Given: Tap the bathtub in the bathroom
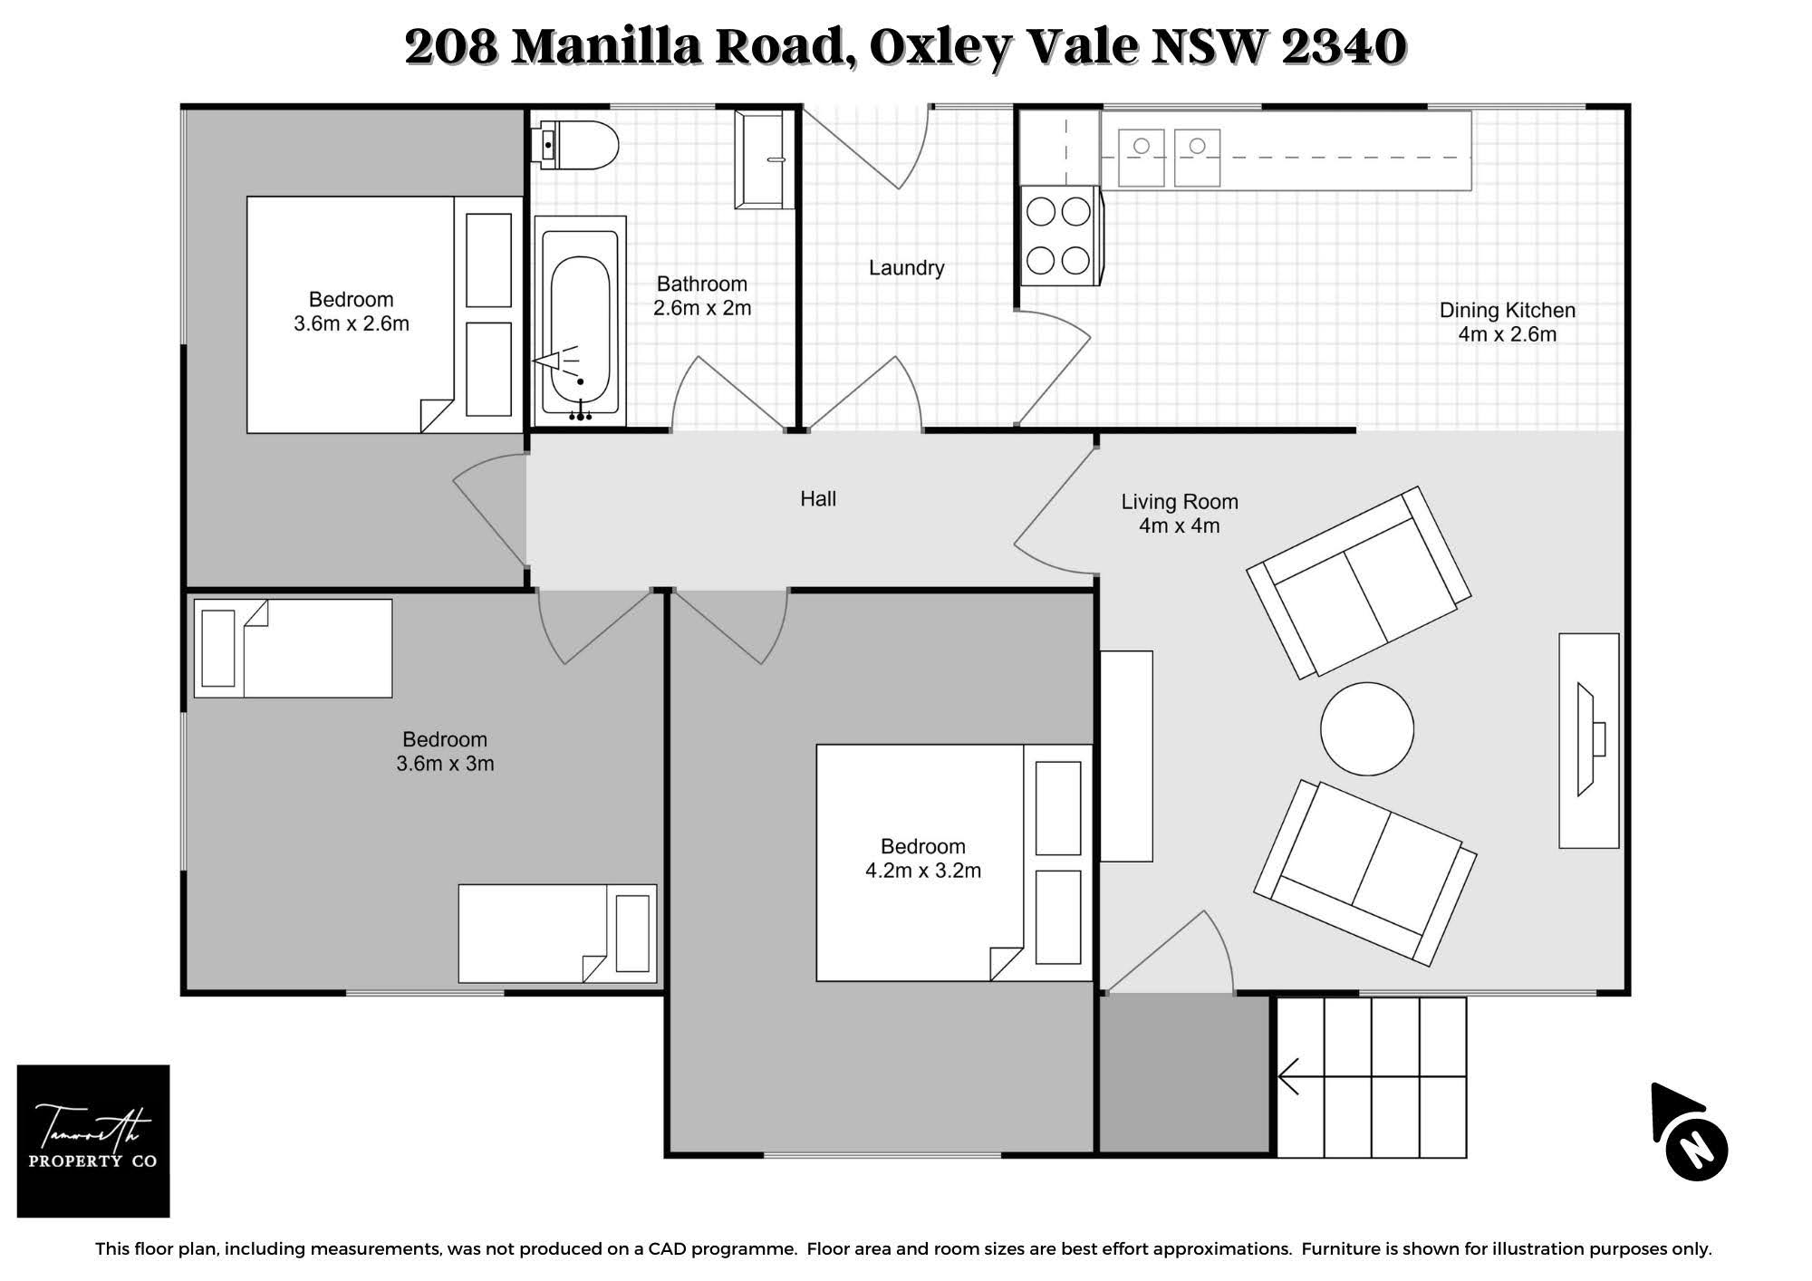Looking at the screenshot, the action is [x=580, y=321].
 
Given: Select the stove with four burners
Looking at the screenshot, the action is [x=1061, y=236].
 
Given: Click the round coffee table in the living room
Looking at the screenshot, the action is [x=1367, y=728].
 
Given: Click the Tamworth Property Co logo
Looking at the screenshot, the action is [x=93, y=1141].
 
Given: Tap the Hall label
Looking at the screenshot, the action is [x=818, y=498].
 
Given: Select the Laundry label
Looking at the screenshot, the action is [x=906, y=268].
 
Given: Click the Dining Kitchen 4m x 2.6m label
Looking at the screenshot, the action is [x=1508, y=322].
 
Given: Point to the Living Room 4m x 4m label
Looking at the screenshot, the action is [x=1180, y=514].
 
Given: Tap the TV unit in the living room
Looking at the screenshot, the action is [x=1589, y=740].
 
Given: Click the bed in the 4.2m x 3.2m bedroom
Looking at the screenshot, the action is [x=954, y=862].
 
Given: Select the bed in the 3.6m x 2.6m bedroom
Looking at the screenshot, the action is [x=385, y=314].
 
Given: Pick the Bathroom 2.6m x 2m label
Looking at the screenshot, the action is [x=702, y=296].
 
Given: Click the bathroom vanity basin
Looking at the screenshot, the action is [x=763, y=160].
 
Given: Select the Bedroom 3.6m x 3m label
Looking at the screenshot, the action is [x=445, y=751].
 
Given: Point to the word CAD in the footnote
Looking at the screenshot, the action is [x=669, y=1249].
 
